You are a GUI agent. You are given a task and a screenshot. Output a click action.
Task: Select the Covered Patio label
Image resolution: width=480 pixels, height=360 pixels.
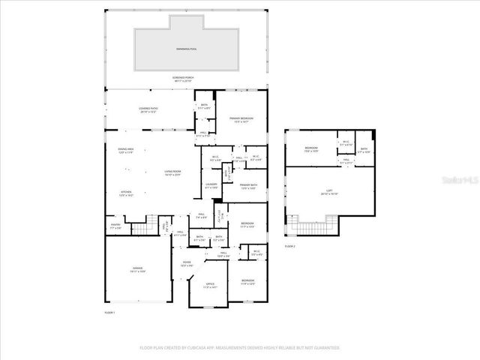point(148,109)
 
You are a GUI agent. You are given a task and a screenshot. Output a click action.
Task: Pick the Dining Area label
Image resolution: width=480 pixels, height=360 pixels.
point(125,151)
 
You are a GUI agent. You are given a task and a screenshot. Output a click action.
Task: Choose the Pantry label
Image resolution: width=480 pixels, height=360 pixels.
point(115,226)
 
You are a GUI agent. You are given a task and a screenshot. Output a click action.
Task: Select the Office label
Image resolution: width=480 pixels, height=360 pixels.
point(210,286)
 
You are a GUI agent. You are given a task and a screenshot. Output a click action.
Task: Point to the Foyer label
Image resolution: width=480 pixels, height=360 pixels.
point(187,265)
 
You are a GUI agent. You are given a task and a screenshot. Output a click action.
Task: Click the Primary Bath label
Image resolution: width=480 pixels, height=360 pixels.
point(249,187)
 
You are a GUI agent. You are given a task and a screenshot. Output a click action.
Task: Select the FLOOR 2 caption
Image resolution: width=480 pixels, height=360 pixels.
point(290,246)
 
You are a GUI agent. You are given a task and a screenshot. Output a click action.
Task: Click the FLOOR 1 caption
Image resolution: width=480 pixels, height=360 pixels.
point(109,312)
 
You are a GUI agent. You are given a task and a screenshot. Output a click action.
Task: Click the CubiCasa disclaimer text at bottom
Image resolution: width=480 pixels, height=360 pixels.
point(239,348)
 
